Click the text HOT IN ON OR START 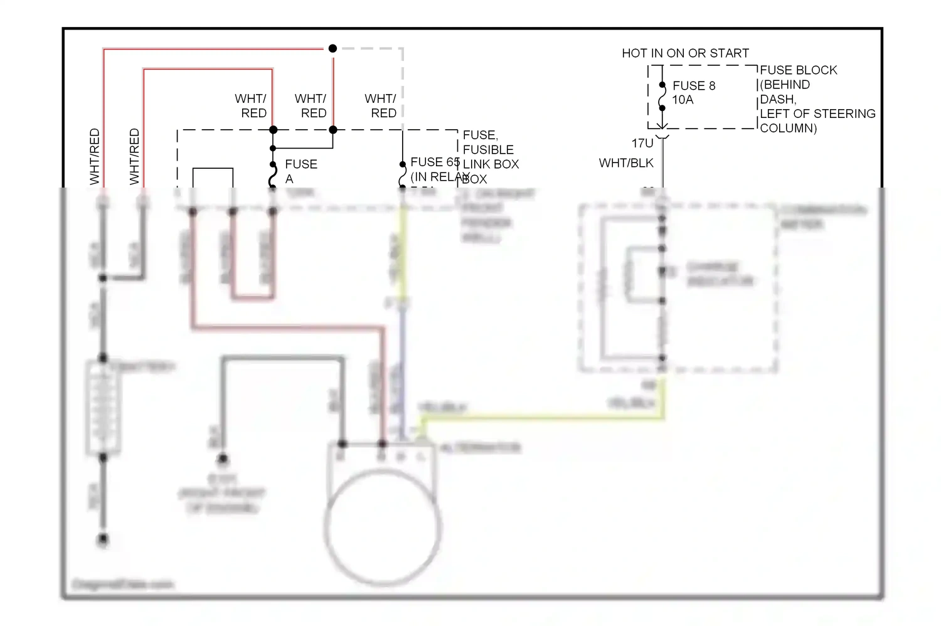click(685, 53)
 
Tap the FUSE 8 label click(694, 85)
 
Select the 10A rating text click(683, 100)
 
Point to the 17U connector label click(642, 143)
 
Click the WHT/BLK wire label click(626, 163)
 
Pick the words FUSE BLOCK click(799, 70)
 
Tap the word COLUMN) click(789, 129)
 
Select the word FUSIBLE click(488, 150)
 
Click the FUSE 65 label click(435, 162)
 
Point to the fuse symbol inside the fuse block click(662, 97)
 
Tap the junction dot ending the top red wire click(332, 48)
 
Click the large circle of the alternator click(383, 527)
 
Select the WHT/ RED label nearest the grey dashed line click(381, 106)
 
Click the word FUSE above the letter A click(301, 164)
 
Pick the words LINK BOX click(491, 164)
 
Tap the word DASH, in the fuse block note click(778, 100)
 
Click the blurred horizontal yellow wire click(540, 416)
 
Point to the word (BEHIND click(785, 85)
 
